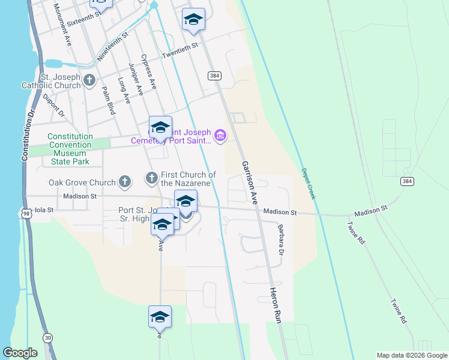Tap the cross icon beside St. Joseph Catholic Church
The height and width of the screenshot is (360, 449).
(89, 80)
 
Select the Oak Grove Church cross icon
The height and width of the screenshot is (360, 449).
(124, 182)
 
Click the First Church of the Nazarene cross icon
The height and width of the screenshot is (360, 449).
(151, 178)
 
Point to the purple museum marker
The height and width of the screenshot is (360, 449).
(220, 136)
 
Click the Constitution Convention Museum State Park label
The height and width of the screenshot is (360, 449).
(70, 149)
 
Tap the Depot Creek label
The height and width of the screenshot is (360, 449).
(307, 183)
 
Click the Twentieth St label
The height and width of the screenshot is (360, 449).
(180, 52)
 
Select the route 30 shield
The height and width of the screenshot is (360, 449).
(48, 338)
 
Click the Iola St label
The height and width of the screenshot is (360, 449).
(44, 210)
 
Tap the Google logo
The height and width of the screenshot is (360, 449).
(20, 353)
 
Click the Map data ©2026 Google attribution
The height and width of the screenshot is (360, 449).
(412, 355)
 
